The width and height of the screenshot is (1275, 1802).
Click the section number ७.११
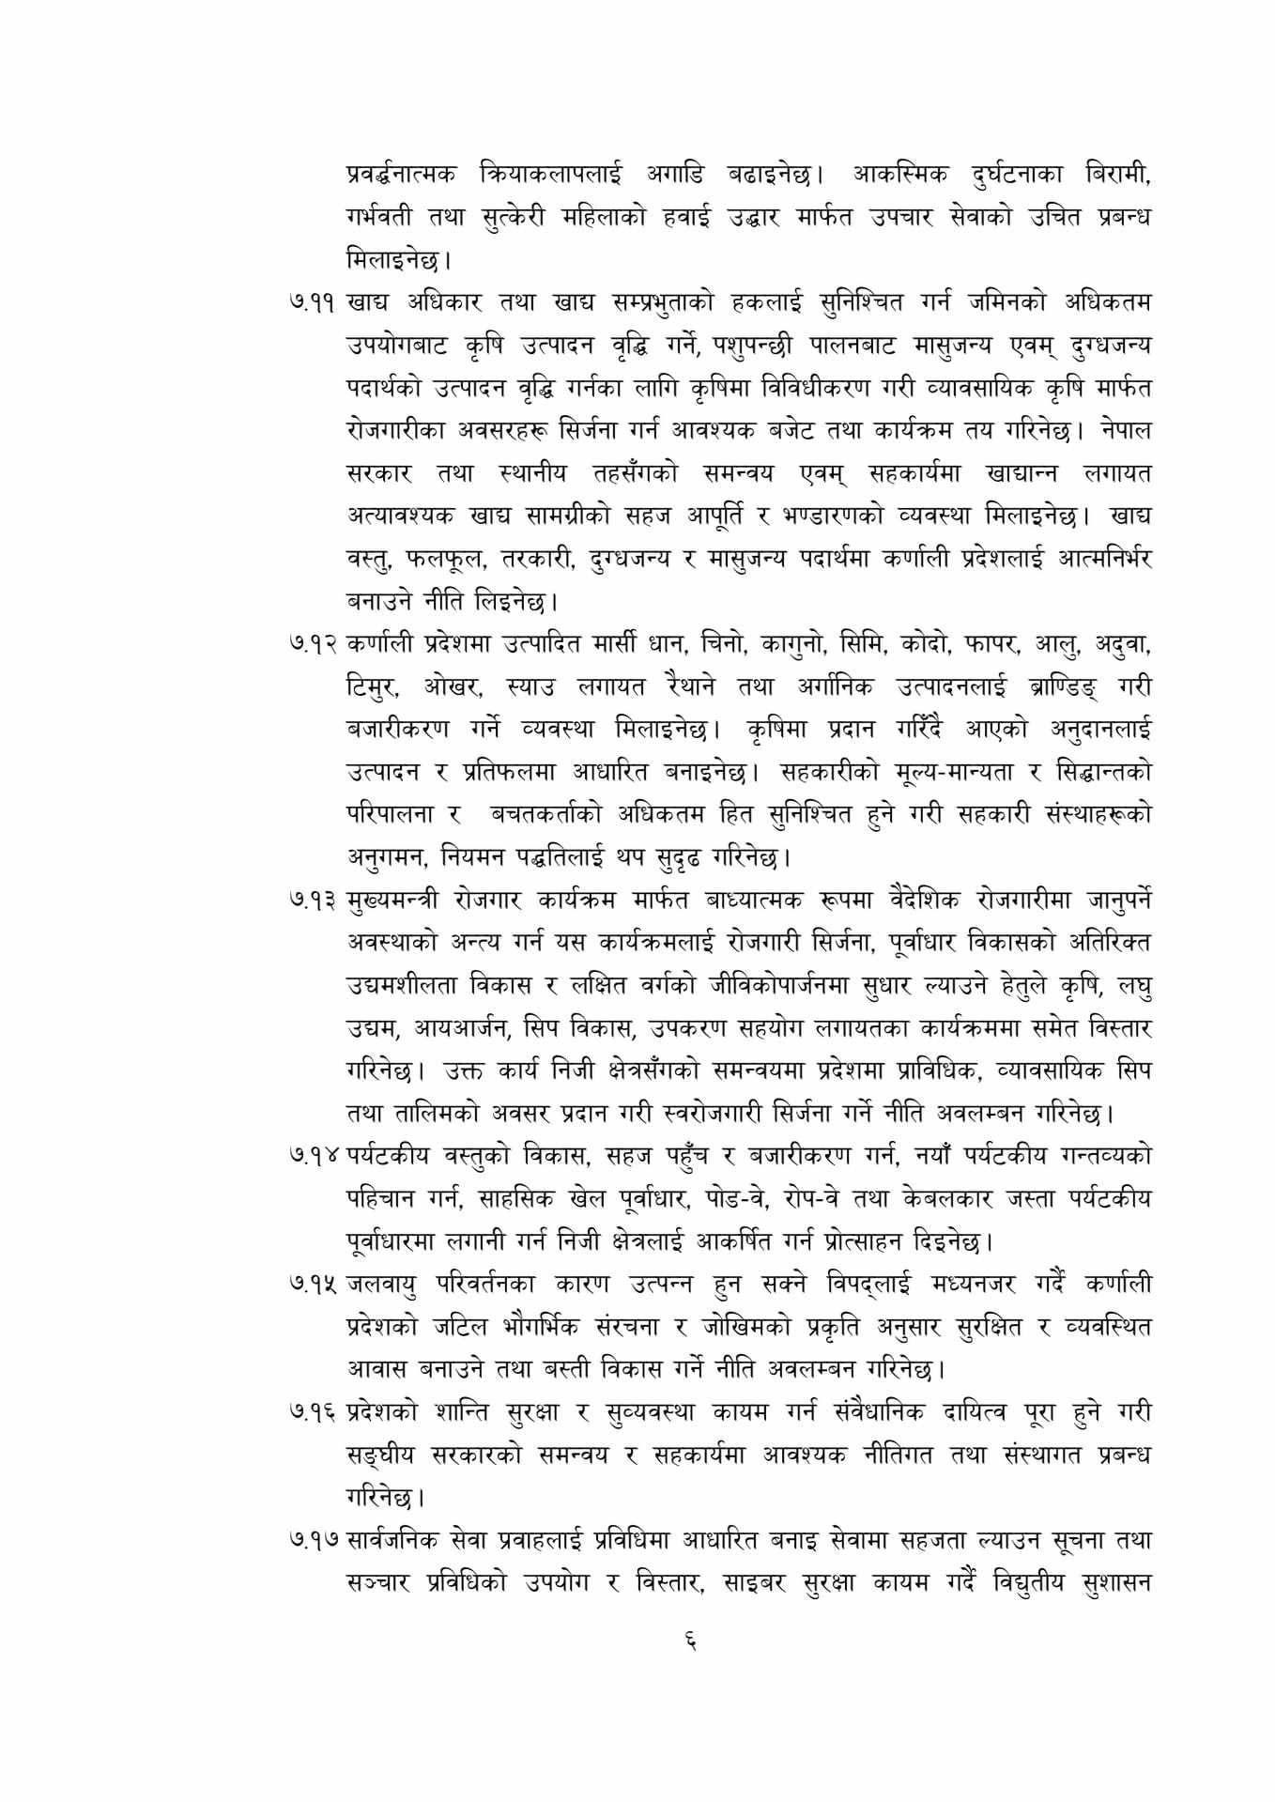pyautogui.click(x=314, y=303)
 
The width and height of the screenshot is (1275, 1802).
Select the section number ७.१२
pyautogui.click(x=314, y=645)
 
